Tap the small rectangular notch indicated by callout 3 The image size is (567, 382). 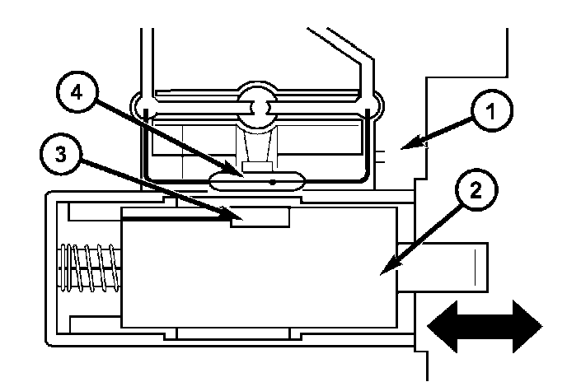[260, 217]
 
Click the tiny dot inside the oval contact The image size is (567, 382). [273, 183]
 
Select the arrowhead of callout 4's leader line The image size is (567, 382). [243, 174]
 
